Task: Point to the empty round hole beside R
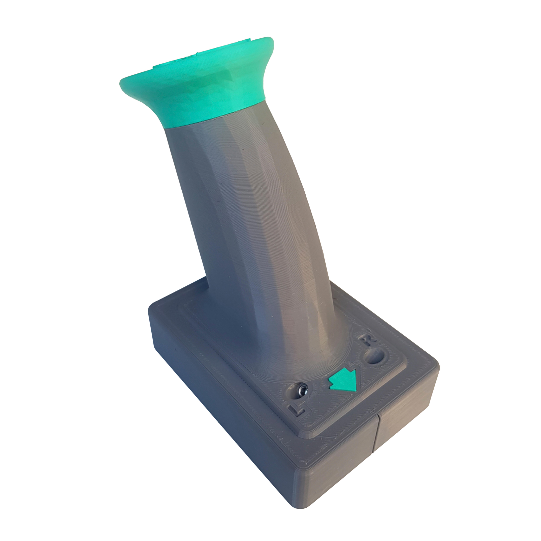point(374,357)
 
